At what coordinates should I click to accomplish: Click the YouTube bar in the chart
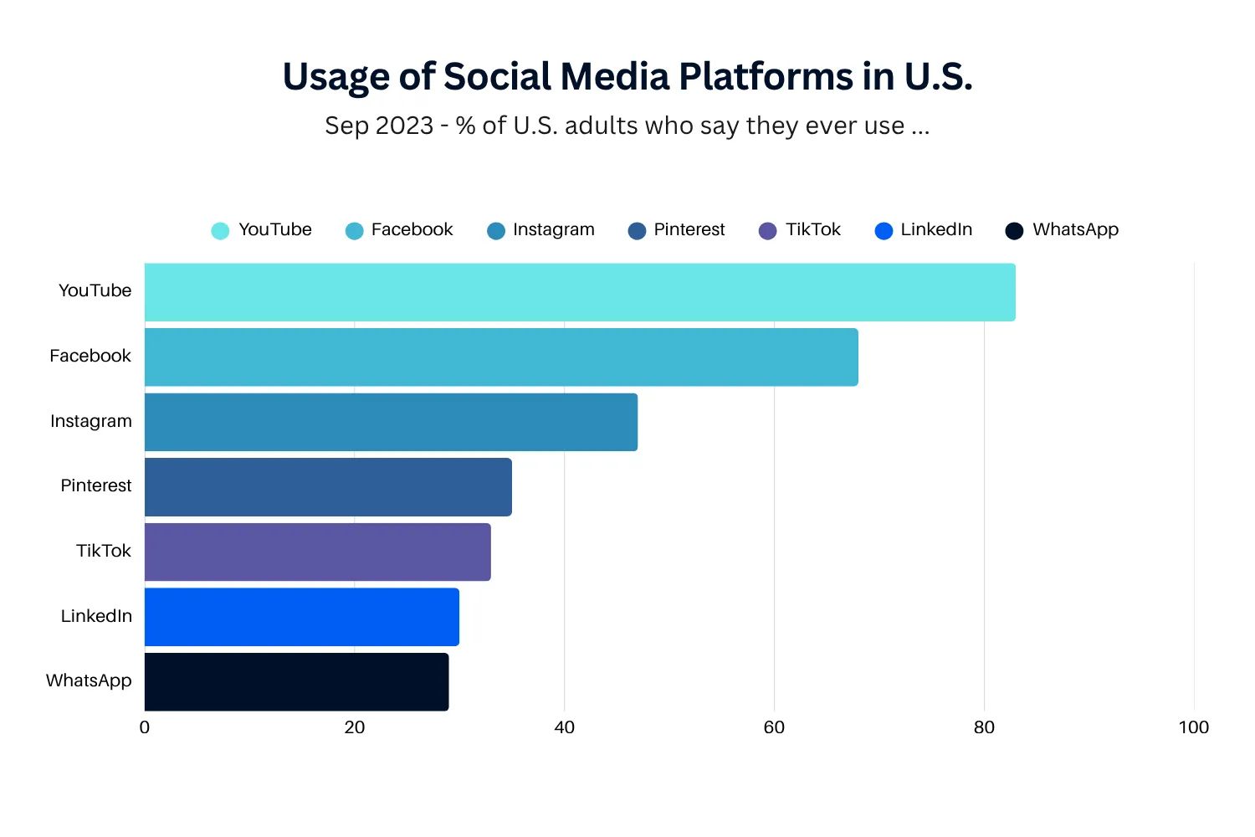click(580, 292)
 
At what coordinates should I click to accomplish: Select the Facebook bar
click(501, 357)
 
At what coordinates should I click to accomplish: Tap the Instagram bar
click(391, 422)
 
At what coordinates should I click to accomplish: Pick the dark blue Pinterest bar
click(328, 487)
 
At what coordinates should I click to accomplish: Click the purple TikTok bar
click(317, 552)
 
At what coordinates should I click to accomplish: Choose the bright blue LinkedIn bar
click(301, 617)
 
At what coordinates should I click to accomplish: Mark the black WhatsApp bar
click(296, 682)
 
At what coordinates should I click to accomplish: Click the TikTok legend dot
click(767, 231)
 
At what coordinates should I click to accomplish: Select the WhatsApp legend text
click(1075, 229)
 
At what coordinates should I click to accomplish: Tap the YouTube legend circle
click(220, 231)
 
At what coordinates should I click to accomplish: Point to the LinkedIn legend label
click(936, 229)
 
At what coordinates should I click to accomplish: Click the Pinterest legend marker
click(637, 231)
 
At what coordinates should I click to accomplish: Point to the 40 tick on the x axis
click(564, 727)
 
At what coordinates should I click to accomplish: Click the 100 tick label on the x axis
click(1193, 727)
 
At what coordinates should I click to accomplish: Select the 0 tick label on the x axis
click(145, 727)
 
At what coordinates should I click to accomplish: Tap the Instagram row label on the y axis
click(90, 421)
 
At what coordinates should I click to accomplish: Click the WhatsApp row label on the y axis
click(89, 680)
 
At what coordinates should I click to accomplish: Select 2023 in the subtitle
click(404, 126)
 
